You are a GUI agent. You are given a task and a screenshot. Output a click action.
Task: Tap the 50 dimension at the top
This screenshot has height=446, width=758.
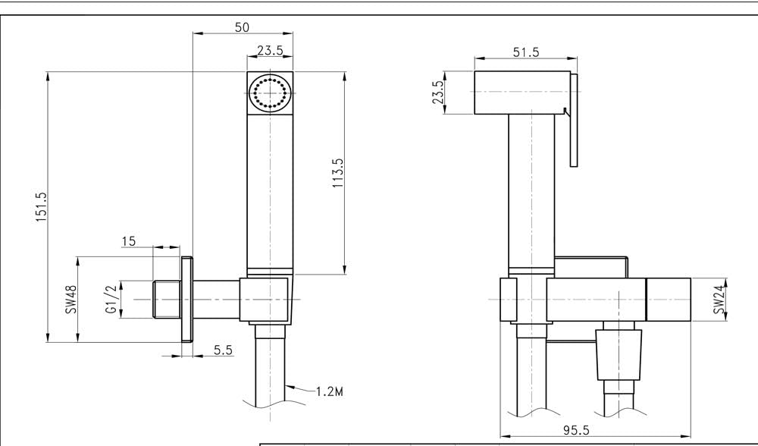[242, 27]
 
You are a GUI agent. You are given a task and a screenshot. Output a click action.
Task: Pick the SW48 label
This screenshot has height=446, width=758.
[71, 300]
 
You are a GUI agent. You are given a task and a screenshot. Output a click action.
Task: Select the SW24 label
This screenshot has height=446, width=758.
[718, 300]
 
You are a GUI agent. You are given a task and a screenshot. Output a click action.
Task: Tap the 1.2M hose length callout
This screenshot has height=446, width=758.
[330, 394]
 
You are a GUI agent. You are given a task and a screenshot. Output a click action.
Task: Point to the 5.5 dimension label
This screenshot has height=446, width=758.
[223, 350]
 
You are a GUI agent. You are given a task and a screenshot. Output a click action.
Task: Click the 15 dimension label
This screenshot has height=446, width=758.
[128, 241]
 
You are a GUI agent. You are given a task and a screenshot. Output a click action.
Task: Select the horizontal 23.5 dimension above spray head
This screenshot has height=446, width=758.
[271, 51]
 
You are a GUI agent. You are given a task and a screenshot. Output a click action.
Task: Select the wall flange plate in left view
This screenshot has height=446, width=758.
[186, 300]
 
